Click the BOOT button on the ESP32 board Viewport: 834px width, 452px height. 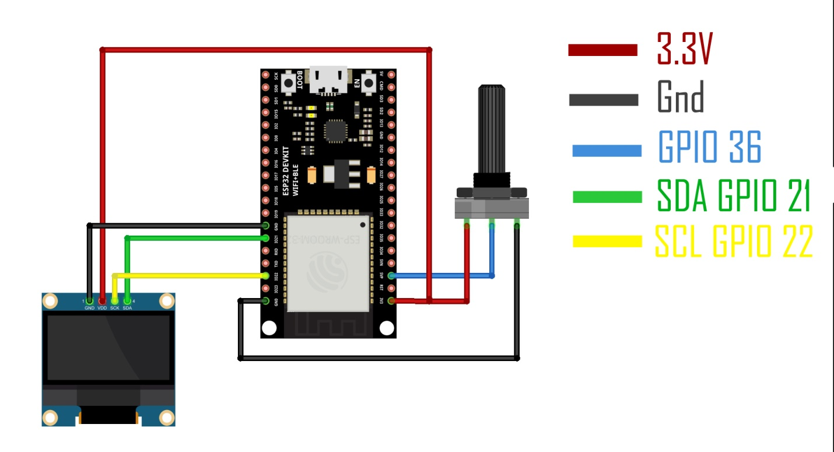pyautogui.click(x=289, y=83)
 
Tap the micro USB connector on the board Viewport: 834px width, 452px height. pyautogui.click(x=328, y=80)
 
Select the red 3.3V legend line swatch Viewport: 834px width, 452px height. pyautogui.click(x=602, y=50)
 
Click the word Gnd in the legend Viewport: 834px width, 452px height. pyautogui.click(x=680, y=97)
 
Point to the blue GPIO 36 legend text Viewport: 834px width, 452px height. pyautogui.click(x=710, y=148)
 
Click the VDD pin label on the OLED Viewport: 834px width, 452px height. pyautogui.click(x=103, y=308)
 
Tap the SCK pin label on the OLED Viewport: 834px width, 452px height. pyautogui.click(x=115, y=308)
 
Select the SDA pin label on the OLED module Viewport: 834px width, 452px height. pyautogui.click(x=128, y=308)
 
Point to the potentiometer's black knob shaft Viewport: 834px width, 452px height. pyautogui.click(x=491, y=128)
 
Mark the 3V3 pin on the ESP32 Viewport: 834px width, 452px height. pyautogui.click(x=391, y=301)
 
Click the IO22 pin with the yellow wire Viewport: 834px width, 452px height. pyautogui.click(x=267, y=275)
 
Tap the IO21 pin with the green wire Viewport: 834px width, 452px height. pyautogui.click(x=267, y=238)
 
